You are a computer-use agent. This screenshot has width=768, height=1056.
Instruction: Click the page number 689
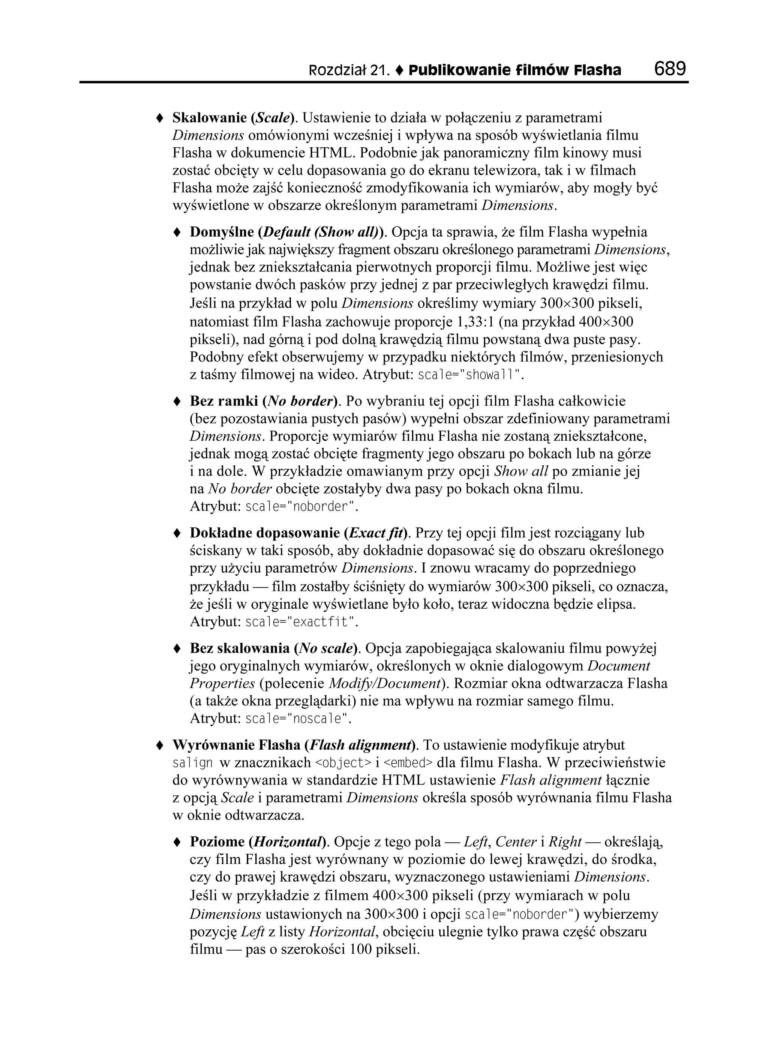pyautogui.click(x=670, y=69)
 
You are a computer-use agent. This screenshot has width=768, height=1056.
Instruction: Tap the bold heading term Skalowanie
pyautogui.click(x=210, y=118)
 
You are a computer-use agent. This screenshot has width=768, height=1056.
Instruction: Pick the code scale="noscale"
pyautogui.click(x=297, y=719)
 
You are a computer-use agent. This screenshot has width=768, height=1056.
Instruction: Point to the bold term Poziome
pyautogui.click(x=217, y=842)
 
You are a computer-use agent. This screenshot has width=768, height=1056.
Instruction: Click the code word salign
pyautogui.click(x=193, y=763)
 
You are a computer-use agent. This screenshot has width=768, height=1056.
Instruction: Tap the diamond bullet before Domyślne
pyautogui.click(x=177, y=232)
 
